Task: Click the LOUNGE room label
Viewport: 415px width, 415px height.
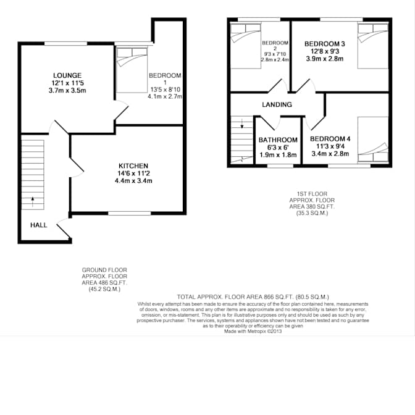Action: pyautogui.click(x=67, y=76)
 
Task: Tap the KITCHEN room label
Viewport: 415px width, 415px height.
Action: pyautogui.click(x=133, y=166)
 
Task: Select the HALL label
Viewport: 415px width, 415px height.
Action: pyautogui.click(x=39, y=225)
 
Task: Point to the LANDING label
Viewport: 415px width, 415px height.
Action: pyautogui.click(x=277, y=104)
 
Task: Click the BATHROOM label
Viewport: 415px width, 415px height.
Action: pyautogui.click(x=278, y=140)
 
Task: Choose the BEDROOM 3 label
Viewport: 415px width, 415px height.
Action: pyautogui.click(x=325, y=44)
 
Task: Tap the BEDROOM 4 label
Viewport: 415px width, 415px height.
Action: pyautogui.click(x=330, y=139)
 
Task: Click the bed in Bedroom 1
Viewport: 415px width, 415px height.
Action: pyautogui.click(x=132, y=70)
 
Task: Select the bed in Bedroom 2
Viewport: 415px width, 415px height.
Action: pyautogui.click(x=246, y=46)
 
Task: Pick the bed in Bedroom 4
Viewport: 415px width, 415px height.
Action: pyautogui.click(x=373, y=139)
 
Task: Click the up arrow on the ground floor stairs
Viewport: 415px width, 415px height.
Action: pyautogui.click(x=33, y=202)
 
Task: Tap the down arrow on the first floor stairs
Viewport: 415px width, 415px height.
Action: pyautogui.click(x=242, y=124)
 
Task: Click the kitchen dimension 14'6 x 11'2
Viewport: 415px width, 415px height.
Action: pyautogui.click(x=133, y=174)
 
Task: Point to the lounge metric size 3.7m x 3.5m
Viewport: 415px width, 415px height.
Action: pyautogui.click(x=67, y=91)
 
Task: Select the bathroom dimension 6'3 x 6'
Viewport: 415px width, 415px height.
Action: pyautogui.click(x=278, y=148)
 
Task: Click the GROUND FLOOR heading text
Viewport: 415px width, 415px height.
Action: pyautogui.click(x=104, y=270)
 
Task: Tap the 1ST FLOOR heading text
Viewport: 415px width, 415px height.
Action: pyautogui.click(x=312, y=194)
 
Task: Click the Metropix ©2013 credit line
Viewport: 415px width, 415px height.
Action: pyautogui.click(x=253, y=332)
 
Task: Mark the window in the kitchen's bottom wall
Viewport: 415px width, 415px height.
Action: pyautogui.click(x=130, y=213)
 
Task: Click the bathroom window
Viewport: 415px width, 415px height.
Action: pyautogui.click(x=280, y=166)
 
